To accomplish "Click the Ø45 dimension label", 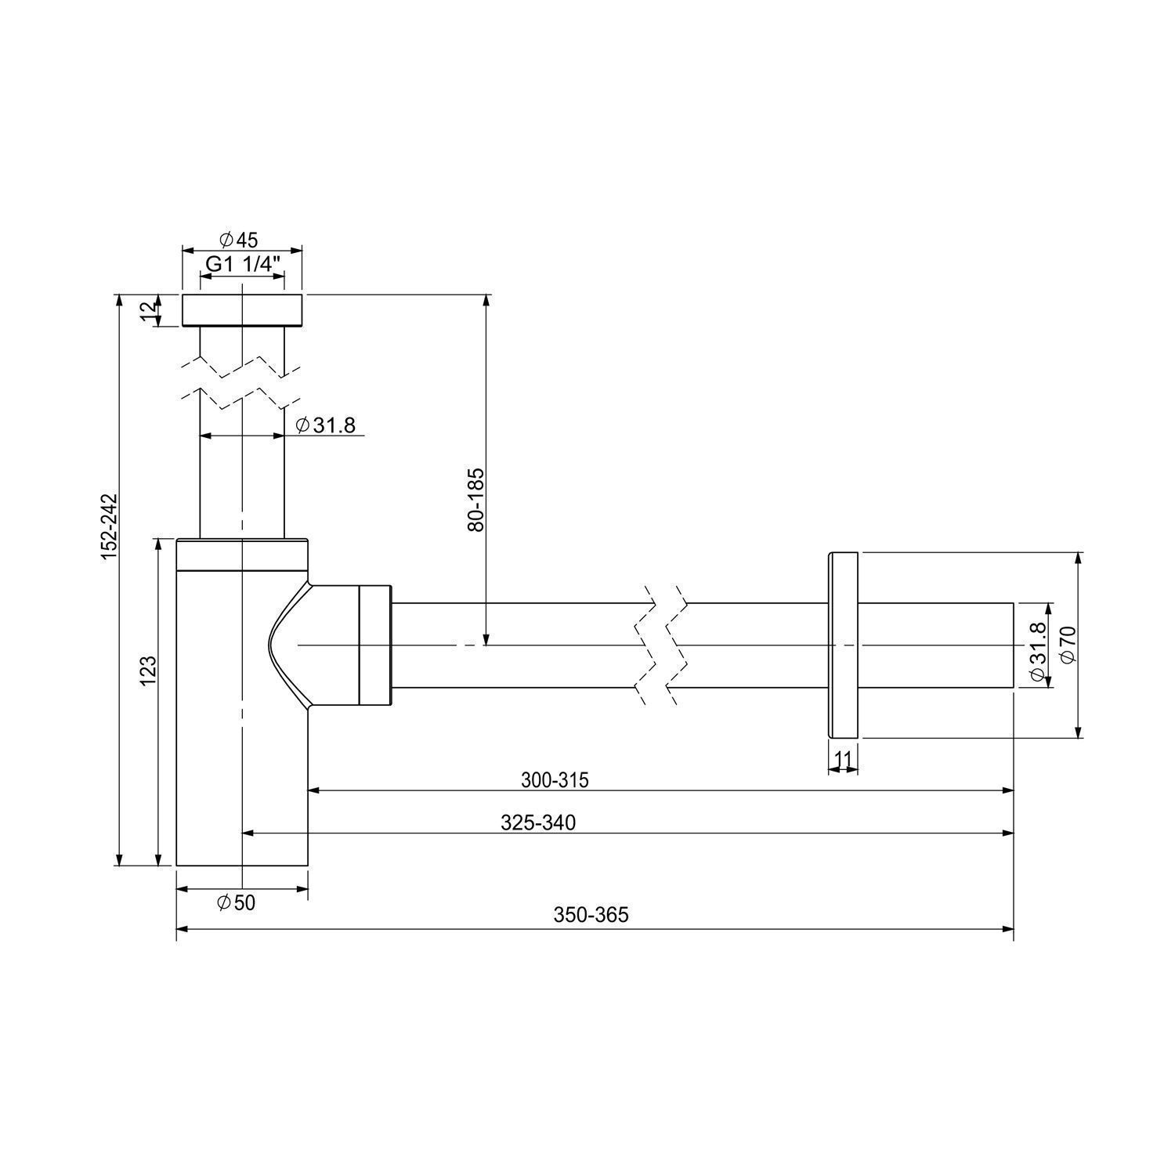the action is tap(239, 238).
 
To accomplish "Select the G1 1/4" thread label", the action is tap(243, 264).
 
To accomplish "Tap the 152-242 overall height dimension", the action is tap(109, 526).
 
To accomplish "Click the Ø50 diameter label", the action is tap(236, 903).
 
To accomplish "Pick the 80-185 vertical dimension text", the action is tap(476, 500).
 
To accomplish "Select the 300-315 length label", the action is tap(555, 780).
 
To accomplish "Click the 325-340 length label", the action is tap(537, 822).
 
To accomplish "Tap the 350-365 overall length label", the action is tap(591, 914).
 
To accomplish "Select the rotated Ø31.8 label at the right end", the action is tap(1038, 652).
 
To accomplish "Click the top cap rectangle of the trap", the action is tap(242, 310).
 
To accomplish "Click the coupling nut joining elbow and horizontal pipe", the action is tap(375, 645).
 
